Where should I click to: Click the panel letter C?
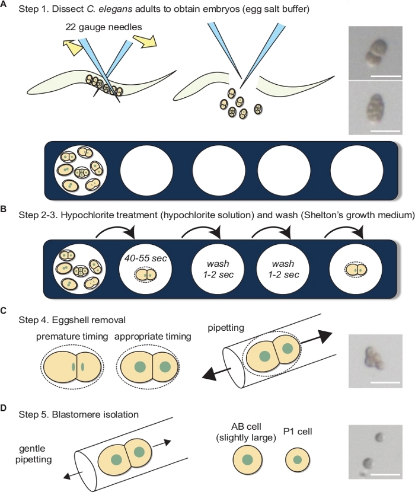(5, 309)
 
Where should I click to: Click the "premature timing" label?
(69, 336)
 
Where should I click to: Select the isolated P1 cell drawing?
(298, 461)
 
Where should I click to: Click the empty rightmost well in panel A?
(354, 170)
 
